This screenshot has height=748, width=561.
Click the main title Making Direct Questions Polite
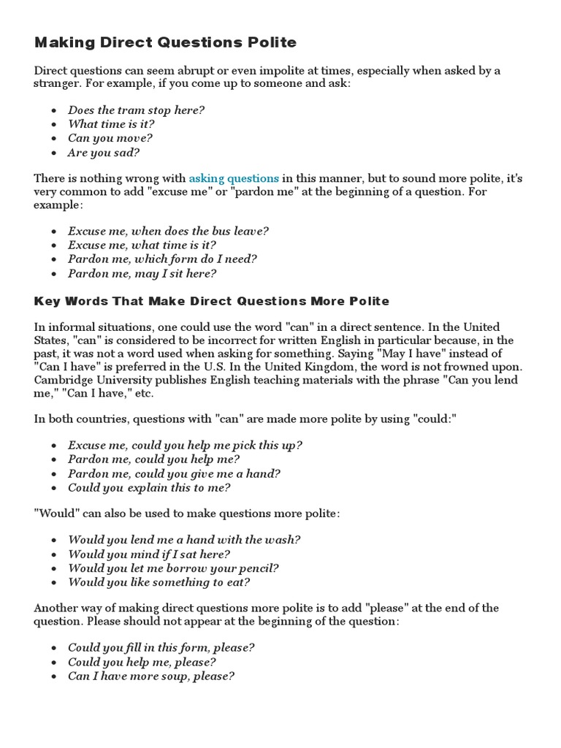tap(165, 42)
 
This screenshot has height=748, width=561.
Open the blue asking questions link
tap(234, 178)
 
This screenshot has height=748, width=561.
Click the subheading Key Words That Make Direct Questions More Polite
tap(212, 301)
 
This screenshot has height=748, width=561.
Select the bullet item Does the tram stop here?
tap(136, 110)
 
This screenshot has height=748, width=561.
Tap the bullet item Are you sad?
tap(103, 153)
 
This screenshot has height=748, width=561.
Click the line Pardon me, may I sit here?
tap(142, 274)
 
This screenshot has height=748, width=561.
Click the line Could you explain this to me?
tap(149, 487)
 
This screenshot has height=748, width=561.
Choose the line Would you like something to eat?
tap(159, 582)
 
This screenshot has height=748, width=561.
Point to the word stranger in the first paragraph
tap(58, 84)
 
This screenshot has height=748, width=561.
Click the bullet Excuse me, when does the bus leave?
tap(168, 231)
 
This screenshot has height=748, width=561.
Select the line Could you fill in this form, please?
tap(161, 647)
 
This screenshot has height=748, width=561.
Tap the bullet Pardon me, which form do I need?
tap(162, 259)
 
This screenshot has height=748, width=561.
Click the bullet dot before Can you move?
tap(56, 139)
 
